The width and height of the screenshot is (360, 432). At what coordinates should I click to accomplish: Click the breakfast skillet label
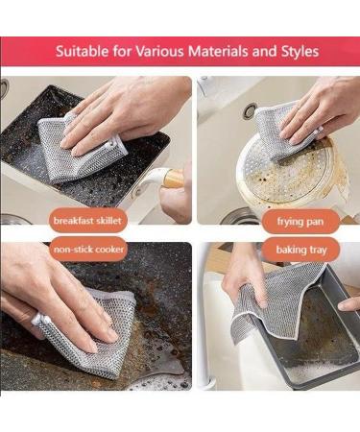[89, 221]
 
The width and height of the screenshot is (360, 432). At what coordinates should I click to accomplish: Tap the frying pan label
[300, 221]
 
